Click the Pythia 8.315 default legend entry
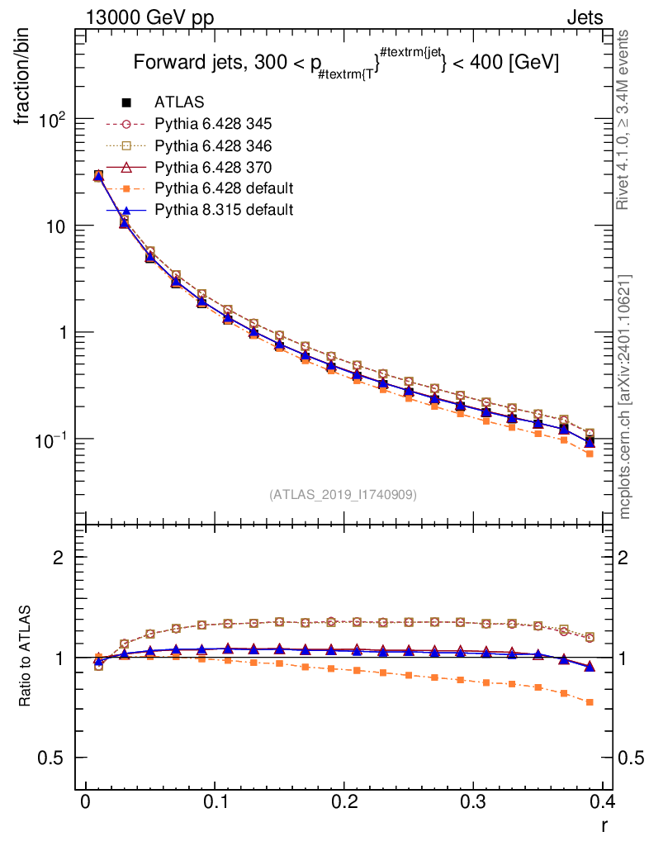(x=223, y=210)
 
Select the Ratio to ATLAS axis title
(x=26, y=658)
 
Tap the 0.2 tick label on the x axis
(x=343, y=802)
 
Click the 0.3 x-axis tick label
(x=473, y=802)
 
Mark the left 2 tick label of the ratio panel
(x=59, y=557)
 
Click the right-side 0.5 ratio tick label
(x=632, y=758)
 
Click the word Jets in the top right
(x=584, y=17)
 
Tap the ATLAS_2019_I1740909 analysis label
(x=343, y=495)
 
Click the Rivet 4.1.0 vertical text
(x=625, y=120)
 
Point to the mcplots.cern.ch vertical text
(x=625, y=397)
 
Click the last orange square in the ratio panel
(x=590, y=702)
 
